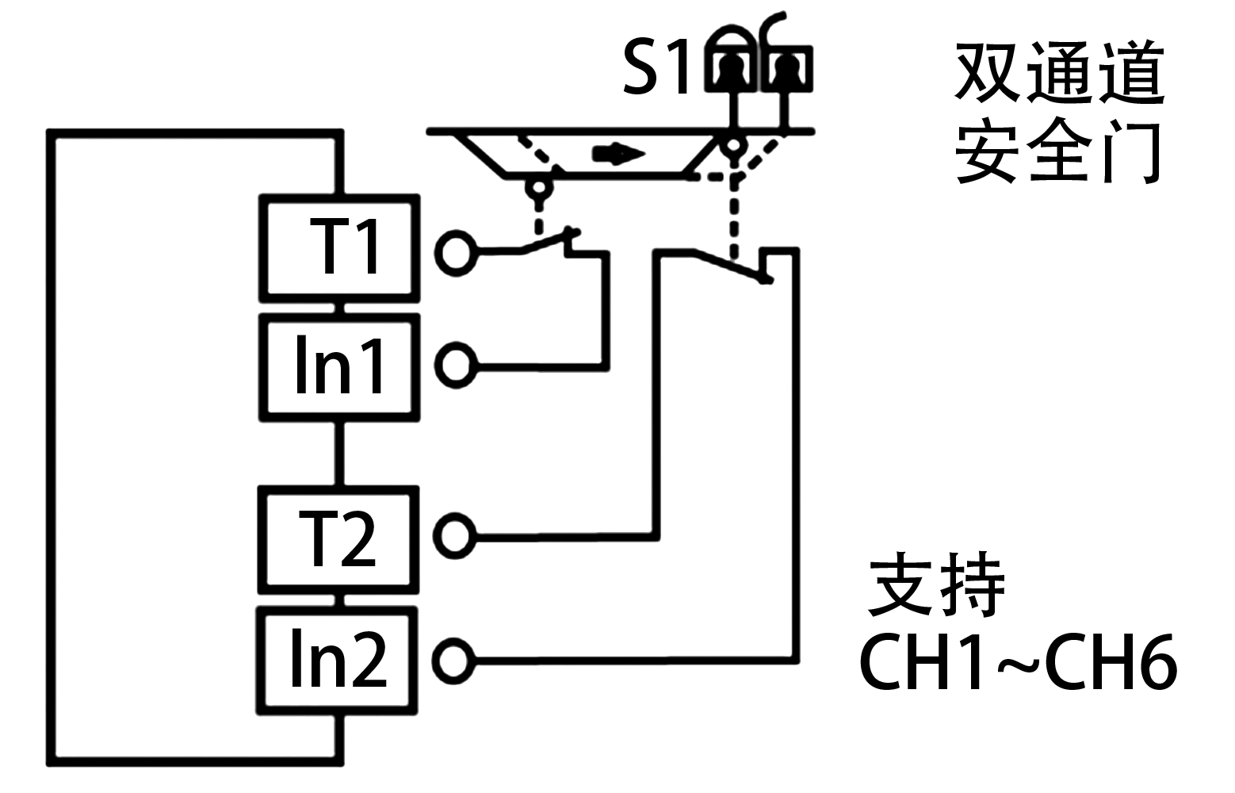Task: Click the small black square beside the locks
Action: tap(654, 66)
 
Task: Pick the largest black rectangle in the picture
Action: tap(1058, 111)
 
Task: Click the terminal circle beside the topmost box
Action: tap(455, 252)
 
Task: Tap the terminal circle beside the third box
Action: tap(456, 537)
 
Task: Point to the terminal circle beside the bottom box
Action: tap(455, 659)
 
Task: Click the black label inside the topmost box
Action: tap(342, 246)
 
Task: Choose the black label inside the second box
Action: tap(339, 363)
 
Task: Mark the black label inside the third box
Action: tap(337, 537)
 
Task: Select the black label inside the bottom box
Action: tap(339, 657)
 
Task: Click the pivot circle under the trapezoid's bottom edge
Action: tap(538, 190)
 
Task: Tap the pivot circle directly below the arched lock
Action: tap(733, 147)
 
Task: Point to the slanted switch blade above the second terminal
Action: tap(547, 242)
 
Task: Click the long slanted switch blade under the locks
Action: tap(729, 266)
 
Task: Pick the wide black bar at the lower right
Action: tap(1018, 660)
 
